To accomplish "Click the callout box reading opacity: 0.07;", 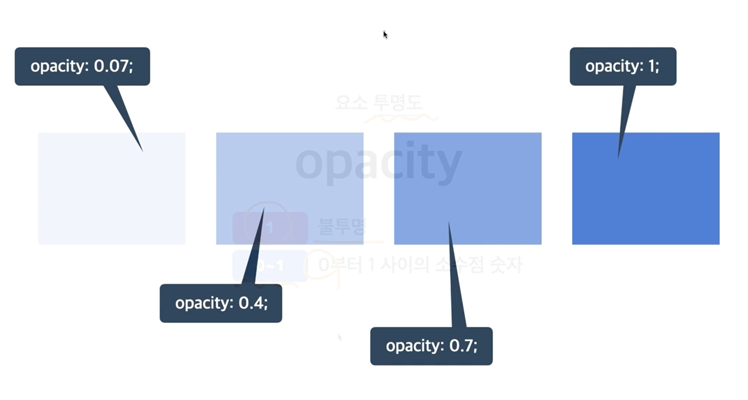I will point(82,66).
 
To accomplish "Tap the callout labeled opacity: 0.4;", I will point(221,303).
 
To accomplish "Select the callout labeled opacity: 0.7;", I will point(431,346).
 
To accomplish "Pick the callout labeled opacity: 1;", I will point(623,66).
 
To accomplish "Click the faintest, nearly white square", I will point(112,188).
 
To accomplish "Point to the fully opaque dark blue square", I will point(646,188).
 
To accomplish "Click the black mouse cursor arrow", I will point(385,34).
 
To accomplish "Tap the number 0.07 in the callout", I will point(113,66).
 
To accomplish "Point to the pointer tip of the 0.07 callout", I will point(142,151).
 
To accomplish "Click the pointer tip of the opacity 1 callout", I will point(618,157).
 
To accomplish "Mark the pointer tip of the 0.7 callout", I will point(448,222).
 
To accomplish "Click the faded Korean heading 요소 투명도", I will point(379,103).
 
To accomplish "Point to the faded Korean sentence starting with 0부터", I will point(420,264).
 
